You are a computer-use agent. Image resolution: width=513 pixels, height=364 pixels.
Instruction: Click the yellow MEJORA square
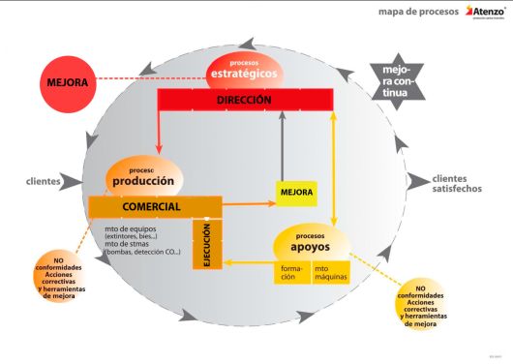[296, 192]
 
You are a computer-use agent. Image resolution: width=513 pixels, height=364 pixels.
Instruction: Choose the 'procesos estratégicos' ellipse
[244, 70]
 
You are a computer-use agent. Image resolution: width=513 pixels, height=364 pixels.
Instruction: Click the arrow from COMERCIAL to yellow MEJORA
[247, 203]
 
